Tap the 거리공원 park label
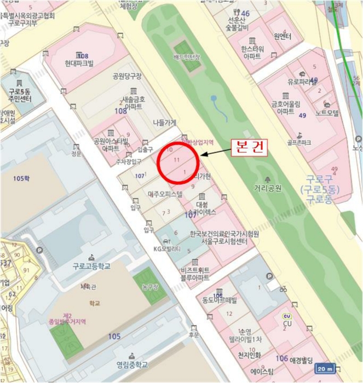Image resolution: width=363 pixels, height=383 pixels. coord(268,189)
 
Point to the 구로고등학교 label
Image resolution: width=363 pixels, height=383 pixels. coord(91,266)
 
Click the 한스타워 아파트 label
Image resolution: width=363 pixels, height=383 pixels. coord(252,52)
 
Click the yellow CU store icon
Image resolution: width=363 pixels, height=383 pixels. coord(287,317)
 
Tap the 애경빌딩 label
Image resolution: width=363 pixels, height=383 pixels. coord(298,360)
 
